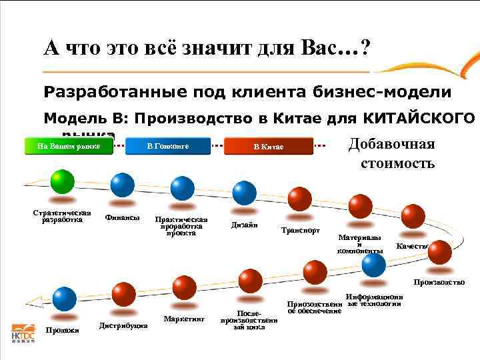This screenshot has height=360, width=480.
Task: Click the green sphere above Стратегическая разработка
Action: click(63, 181)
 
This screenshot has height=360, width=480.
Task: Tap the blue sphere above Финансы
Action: click(122, 186)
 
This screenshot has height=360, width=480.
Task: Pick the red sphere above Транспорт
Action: click(300, 199)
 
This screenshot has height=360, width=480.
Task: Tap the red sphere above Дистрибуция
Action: click(124, 294)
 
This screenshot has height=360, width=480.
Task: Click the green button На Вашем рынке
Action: click(69, 146)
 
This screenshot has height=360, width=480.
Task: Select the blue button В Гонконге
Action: click(168, 146)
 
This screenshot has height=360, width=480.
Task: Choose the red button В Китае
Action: click(269, 147)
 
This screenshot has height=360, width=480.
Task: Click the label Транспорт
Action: click(301, 231)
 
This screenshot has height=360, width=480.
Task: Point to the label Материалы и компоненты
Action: click(360, 244)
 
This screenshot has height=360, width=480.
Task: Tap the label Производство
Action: click(439, 283)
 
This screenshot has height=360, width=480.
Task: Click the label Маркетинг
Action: click(183, 319)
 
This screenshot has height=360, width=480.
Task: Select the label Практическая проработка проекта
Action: click(181, 226)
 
